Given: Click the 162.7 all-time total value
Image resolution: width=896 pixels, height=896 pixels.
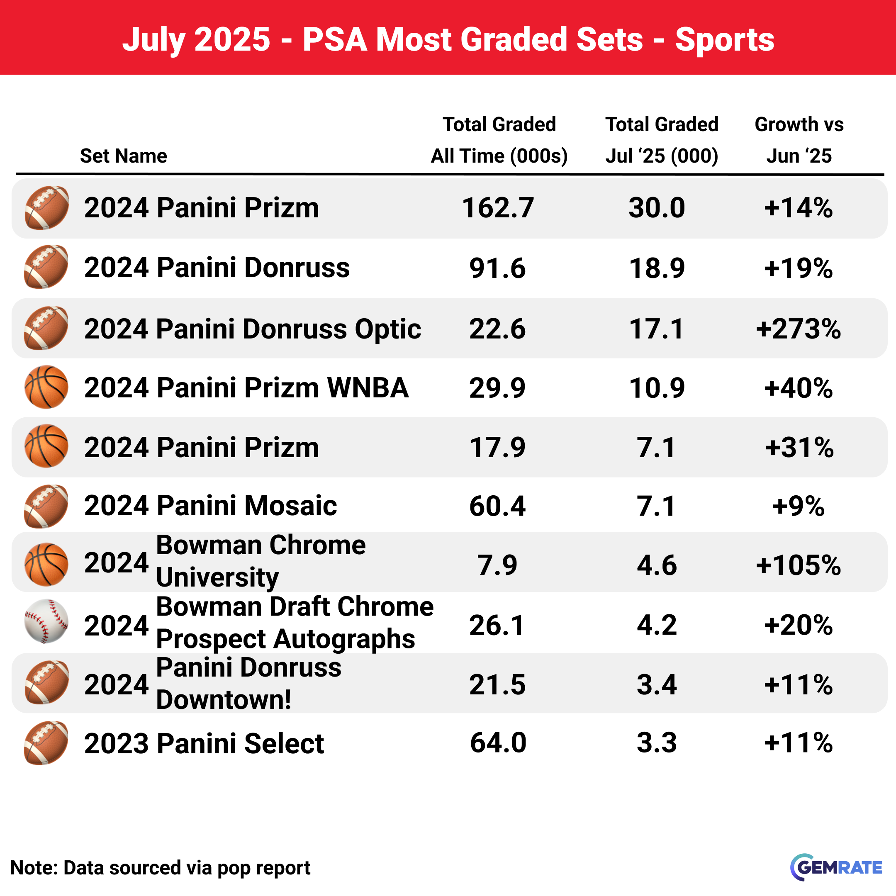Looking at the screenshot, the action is pyautogui.click(x=498, y=207).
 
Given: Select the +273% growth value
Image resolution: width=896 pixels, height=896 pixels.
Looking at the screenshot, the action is pyautogui.click(x=798, y=329).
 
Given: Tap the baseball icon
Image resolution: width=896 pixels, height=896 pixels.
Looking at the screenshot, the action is pyautogui.click(x=46, y=621).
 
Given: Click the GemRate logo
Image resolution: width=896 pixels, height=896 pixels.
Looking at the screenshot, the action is pyautogui.click(x=836, y=867).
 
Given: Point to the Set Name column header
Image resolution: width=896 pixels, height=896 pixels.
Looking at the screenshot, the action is pyautogui.click(x=123, y=156).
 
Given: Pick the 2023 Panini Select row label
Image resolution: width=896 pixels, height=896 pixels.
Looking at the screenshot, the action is pyautogui.click(x=204, y=743).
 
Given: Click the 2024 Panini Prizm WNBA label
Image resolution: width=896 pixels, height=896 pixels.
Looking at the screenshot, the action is pyautogui.click(x=246, y=388).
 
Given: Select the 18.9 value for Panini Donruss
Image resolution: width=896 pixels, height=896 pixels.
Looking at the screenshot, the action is pyautogui.click(x=657, y=268).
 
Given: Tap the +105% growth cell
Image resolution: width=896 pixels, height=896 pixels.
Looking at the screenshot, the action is pyautogui.click(x=798, y=565).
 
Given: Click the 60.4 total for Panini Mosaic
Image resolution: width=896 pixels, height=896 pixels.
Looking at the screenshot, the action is pyautogui.click(x=498, y=506).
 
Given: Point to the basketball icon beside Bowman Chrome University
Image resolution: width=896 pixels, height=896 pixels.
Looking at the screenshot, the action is pyautogui.click(x=46, y=565).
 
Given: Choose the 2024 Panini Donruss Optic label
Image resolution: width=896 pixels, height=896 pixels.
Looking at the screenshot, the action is pyautogui.click(x=253, y=329).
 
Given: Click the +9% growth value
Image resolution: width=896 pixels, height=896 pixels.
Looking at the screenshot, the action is pyautogui.click(x=798, y=506).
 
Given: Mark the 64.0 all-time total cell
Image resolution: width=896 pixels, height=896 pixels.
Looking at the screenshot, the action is pyautogui.click(x=498, y=743).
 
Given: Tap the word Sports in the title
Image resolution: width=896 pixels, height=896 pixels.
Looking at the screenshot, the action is pyautogui.click(x=725, y=39).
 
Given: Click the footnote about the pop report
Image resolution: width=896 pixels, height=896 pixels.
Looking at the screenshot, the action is pyautogui.click(x=161, y=868).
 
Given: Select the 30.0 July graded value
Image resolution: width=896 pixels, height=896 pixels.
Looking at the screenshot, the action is pyautogui.click(x=657, y=207).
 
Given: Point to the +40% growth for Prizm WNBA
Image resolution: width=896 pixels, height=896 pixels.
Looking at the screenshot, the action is pyautogui.click(x=798, y=388).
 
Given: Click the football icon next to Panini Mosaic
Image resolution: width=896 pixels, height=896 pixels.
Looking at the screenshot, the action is pyautogui.click(x=46, y=506).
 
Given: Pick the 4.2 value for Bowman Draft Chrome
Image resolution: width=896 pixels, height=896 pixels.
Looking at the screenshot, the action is pyautogui.click(x=657, y=625).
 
